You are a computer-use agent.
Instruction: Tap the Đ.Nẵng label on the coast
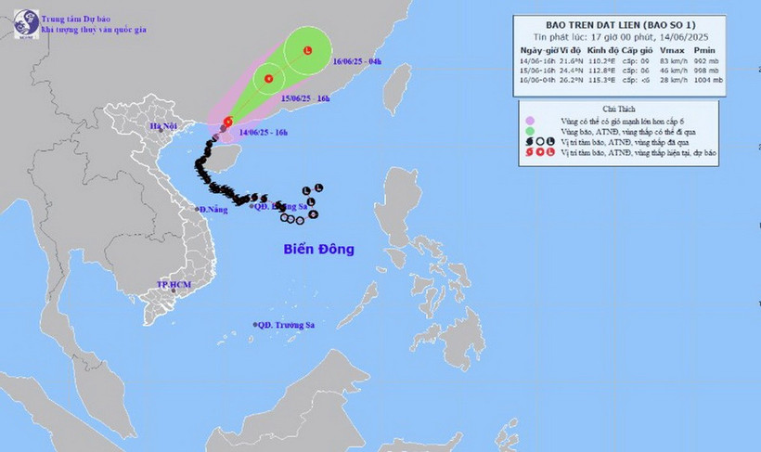pos(214,210)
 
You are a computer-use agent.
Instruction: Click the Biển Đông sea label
pos(318,250)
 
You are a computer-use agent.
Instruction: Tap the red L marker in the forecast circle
pos(307,51)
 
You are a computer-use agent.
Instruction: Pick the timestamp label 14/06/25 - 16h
pos(263,133)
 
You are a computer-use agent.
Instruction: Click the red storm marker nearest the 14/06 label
pos(227,121)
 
